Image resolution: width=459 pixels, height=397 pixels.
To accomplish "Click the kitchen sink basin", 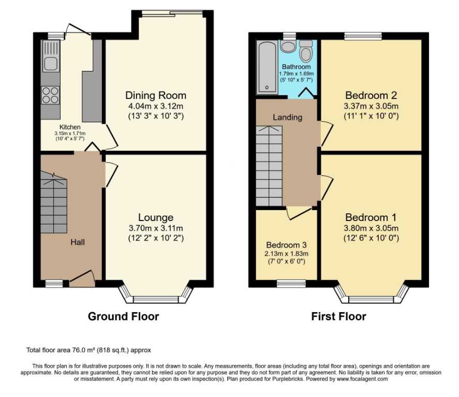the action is click(x=51, y=64).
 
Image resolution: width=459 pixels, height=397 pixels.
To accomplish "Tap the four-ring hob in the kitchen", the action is click(x=50, y=95).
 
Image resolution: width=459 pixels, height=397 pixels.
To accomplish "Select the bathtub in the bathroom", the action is click(x=267, y=67).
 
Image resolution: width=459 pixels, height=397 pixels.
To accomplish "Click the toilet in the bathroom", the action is click(x=306, y=51).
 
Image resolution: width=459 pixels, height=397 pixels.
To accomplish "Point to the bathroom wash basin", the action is click(x=288, y=46).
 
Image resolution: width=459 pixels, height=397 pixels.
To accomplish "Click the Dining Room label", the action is click(x=156, y=95).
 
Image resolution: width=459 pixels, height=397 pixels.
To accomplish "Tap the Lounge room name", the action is click(x=156, y=217).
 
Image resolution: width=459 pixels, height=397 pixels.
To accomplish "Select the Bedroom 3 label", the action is click(x=286, y=245).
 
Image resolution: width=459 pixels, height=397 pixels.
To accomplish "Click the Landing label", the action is click(x=288, y=117).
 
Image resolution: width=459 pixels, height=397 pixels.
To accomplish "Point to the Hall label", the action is click(x=78, y=242).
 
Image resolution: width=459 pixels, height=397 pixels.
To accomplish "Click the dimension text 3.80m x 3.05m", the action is click(x=371, y=228).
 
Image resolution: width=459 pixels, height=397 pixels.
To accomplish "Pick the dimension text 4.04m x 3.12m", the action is click(x=156, y=106).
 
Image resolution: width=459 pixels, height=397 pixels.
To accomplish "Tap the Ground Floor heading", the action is click(x=123, y=316).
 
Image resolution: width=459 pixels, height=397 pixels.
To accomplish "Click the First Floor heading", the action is click(x=338, y=316).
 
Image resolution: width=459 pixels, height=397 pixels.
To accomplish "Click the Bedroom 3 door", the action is click(x=299, y=213).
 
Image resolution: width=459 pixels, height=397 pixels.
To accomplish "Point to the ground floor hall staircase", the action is click(x=54, y=202).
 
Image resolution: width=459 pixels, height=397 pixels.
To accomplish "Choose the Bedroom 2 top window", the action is click(x=363, y=36).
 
